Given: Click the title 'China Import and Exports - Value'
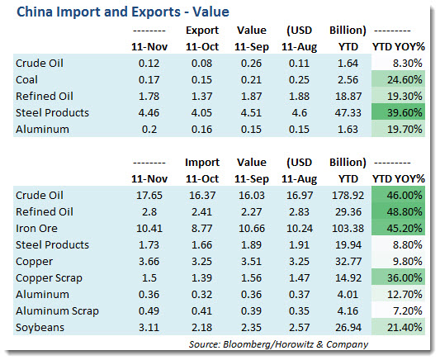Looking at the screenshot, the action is (x=123, y=12).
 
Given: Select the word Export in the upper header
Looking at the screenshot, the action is (x=202, y=31).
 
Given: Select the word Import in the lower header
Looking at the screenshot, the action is (x=202, y=163).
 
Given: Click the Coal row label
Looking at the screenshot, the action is (x=26, y=80).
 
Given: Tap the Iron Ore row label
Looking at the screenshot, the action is (x=36, y=229).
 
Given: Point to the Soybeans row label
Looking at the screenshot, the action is (x=40, y=328).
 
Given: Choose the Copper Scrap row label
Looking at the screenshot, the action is (x=49, y=278).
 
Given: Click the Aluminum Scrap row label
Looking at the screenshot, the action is (x=57, y=311).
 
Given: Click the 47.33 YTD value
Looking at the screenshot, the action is (x=348, y=113).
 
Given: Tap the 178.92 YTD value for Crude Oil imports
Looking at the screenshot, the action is (x=348, y=196).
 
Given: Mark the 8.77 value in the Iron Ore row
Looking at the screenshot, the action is (x=201, y=229).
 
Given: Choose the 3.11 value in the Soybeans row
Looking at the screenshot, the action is (x=149, y=328).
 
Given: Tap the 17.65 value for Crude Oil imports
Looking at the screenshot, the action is (x=149, y=196).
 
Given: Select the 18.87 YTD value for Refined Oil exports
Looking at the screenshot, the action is (x=348, y=97).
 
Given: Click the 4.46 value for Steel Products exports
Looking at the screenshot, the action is (x=149, y=113).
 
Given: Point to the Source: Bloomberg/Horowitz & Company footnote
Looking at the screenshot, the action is (x=278, y=344).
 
